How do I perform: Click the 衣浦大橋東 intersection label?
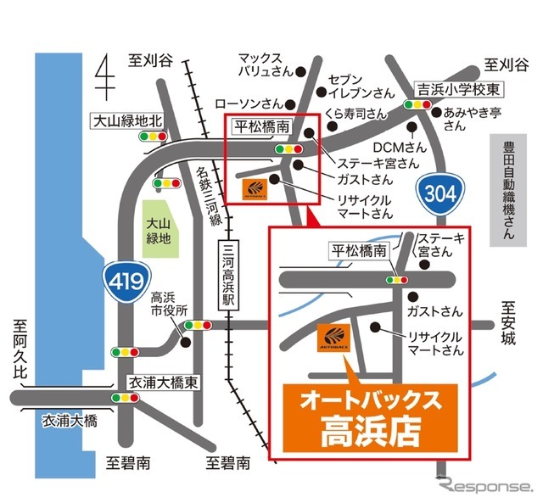161,383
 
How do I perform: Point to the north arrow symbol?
105,75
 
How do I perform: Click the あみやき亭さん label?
467,119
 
